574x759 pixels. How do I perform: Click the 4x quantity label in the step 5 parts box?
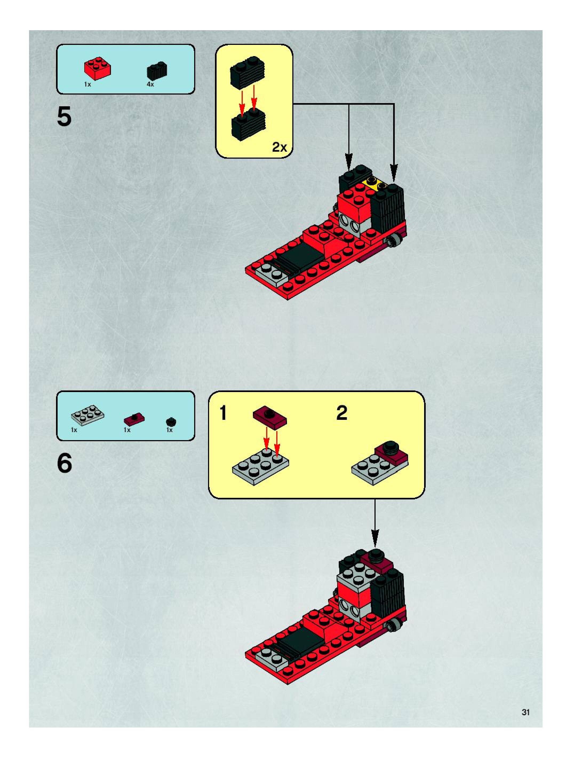[150, 84]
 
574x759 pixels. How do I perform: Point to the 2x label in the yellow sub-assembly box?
[279, 147]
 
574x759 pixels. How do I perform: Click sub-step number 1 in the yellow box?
[223, 413]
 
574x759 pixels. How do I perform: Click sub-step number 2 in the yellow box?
[342, 413]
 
